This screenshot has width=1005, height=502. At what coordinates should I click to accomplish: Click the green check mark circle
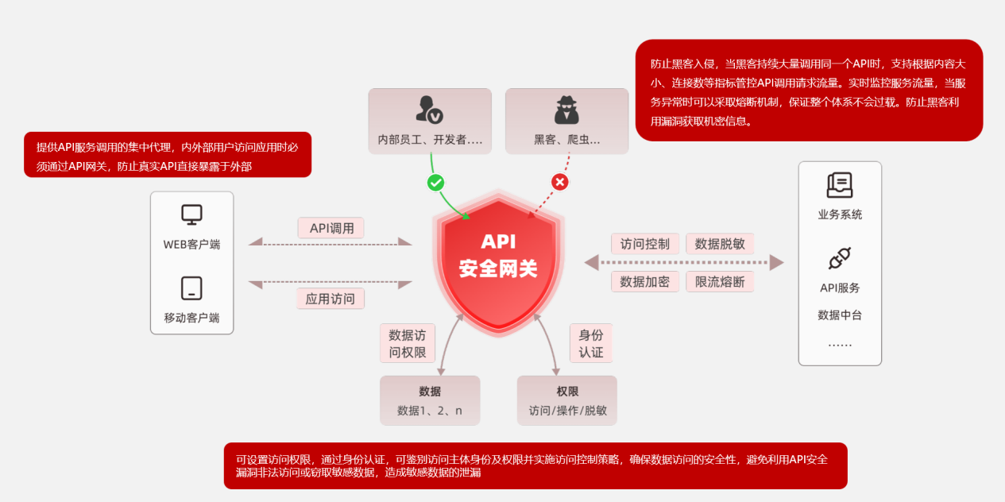click(x=435, y=183)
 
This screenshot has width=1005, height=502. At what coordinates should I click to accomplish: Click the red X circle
click(x=560, y=183)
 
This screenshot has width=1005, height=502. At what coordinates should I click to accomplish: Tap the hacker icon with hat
click(x=566, y=110)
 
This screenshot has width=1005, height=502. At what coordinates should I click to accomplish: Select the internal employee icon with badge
click(x=429, y=110)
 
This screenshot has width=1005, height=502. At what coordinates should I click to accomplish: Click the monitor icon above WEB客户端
click(x=191, y=214)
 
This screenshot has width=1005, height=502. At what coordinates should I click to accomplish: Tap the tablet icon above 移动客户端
click(x=191, y=288)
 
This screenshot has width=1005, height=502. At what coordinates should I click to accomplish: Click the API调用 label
click(x=331, y=228)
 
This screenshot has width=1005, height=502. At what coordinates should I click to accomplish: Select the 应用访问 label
click(x=331, y=299)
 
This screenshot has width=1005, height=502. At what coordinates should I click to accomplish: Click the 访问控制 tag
click(x=645, y=244)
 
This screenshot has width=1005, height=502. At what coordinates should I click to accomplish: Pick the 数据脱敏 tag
click(x=720, y=244)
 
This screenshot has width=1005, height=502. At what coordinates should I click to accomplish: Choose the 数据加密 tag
click(x=645, y=281)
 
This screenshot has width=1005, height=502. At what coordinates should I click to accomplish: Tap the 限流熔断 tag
click(x=720, y=281)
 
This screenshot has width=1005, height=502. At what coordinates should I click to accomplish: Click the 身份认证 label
click(x=591, y=343)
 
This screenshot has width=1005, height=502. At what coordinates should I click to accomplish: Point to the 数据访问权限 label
click(x=408, y=343)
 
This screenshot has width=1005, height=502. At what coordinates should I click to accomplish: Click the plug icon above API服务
click(x=840, y=258)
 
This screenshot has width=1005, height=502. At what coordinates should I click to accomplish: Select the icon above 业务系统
click(x=840, y=185)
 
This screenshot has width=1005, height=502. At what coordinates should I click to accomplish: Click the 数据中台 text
click(x=840, y=315)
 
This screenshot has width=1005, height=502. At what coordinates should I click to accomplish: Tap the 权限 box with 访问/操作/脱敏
click(x=567, y=400)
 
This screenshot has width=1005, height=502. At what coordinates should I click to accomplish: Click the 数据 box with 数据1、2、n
click(x=430, y=400)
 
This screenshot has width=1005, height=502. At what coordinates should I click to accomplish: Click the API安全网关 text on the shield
click(x=498, y=256)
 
